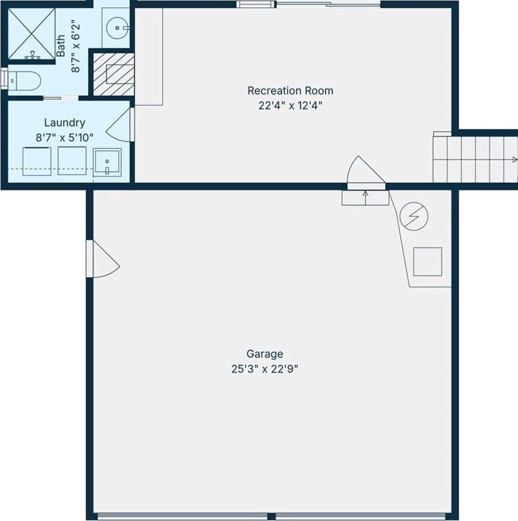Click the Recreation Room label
point(290,91)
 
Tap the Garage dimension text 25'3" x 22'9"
point(265,369)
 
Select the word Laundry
point(64,123)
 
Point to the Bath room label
point(61,46)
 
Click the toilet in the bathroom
point(24,81)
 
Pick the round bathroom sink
point(117,28)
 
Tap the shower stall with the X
point(32,34)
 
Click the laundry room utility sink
point(107,162)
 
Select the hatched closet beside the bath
point(114,75)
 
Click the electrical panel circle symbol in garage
point(414,216)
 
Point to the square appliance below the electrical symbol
point(428,261)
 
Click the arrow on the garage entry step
point(365,198)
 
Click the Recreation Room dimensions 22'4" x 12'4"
point(290,106)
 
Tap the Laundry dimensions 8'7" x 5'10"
point(64,138)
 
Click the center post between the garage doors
point(271,516)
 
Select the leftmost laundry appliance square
point(37,161)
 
